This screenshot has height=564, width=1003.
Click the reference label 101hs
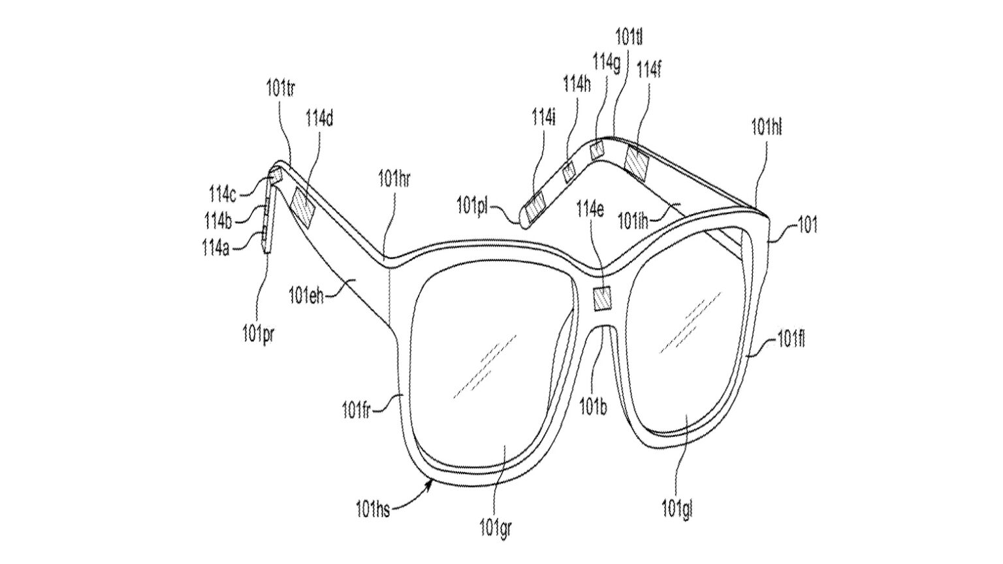[373, 509]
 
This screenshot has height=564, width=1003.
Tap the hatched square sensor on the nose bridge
[601, 298]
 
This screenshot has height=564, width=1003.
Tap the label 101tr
[279, 89]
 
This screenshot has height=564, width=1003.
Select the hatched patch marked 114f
[635, 163]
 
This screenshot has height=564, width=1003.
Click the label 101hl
[766, 127]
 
